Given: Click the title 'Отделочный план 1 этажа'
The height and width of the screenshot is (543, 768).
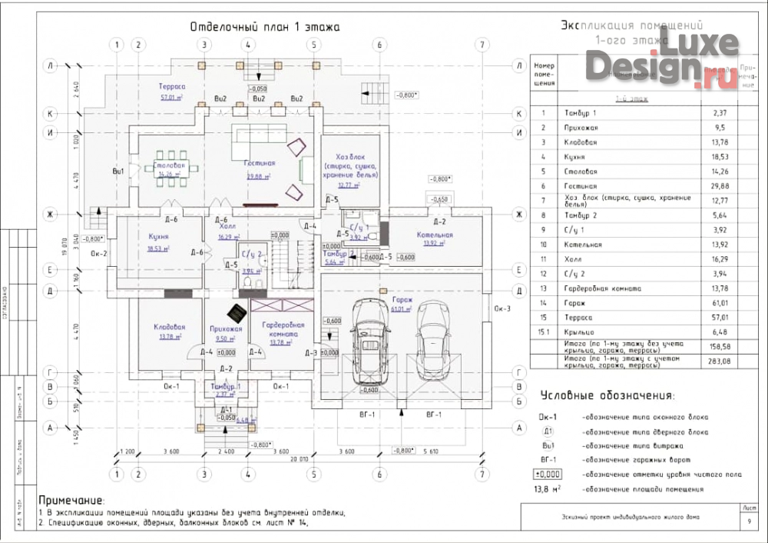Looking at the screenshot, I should coord(265,27).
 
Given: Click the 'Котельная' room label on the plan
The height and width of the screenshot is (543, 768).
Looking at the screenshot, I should coord(435,235).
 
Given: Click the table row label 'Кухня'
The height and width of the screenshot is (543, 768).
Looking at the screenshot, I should coord(574,157).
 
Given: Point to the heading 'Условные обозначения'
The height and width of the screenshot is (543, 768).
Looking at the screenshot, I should coord(607,396).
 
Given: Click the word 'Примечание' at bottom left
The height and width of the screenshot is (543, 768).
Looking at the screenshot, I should coord(71,501).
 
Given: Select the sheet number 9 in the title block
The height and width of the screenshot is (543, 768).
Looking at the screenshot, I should coord(749,522).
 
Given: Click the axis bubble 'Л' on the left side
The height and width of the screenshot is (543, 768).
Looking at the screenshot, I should coord(50,66).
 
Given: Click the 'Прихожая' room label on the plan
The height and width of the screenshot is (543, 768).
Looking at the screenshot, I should coord(227,328).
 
